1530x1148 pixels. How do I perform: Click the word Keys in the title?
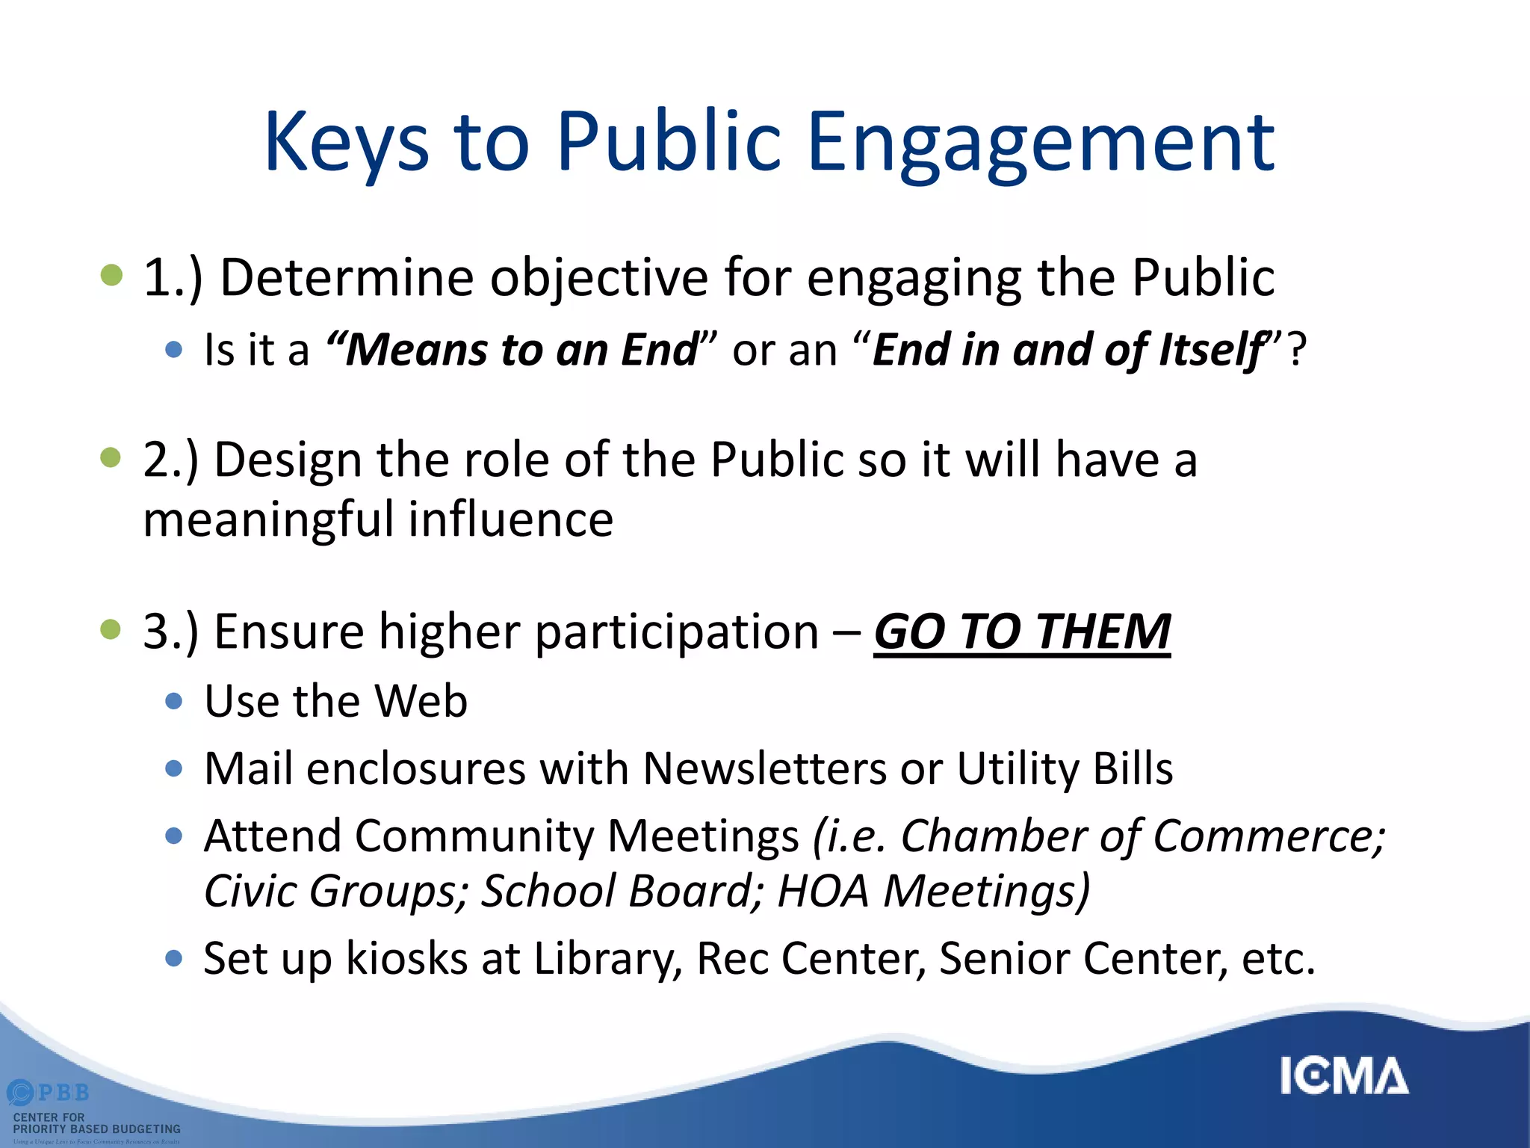coord(346,142)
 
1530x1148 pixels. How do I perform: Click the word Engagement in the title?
coord(1041,142)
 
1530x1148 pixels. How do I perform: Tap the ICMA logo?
coord(1344,1076)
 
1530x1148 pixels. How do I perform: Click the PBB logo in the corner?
coord(49,1093)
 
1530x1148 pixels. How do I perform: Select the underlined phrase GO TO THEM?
coord(1021,632)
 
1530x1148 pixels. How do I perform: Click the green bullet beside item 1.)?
coord(111,275)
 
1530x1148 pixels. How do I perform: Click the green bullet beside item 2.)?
coord(111,457)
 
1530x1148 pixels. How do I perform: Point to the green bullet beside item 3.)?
coord(111,629)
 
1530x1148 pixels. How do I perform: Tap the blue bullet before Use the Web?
coord(174,701)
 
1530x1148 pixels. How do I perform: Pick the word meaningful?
coord(268,519)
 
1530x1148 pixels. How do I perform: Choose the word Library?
coord(604,958)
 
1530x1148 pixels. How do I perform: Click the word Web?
coord(421,701)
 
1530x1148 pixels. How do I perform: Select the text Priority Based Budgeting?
coord(97,1129)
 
